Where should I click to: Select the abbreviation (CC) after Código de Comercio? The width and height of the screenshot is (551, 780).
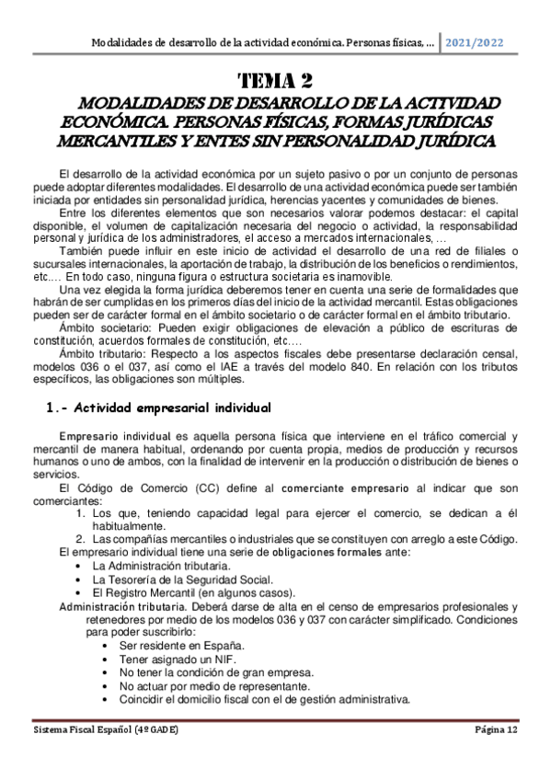tap(200, 487)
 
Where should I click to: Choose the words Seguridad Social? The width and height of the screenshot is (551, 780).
tap(227, 579)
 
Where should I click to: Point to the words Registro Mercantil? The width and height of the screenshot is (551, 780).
tap(152, 592)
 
